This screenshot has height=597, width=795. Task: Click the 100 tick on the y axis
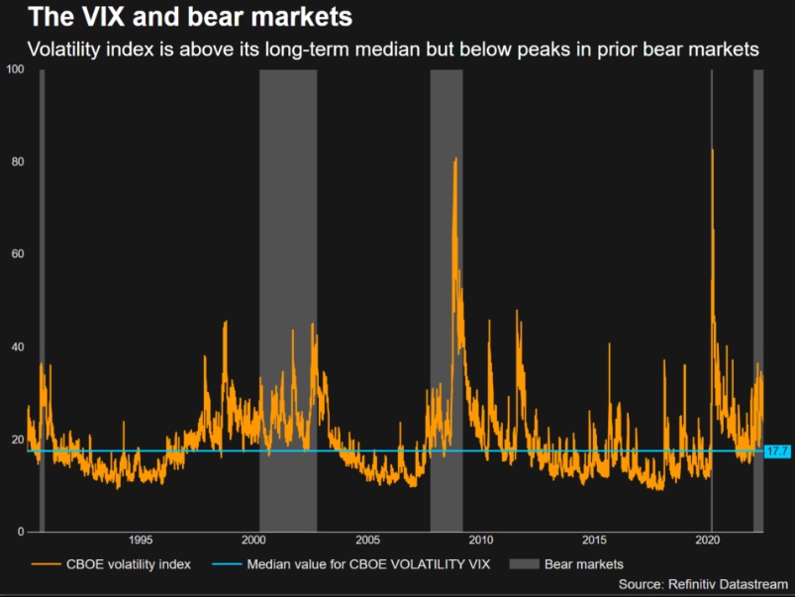14,69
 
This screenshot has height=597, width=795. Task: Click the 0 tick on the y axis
20,533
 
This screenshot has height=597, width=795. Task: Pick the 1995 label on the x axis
141,541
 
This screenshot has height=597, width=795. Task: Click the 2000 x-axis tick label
254,541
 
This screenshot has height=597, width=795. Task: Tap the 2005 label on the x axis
367,541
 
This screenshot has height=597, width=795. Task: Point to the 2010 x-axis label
481,541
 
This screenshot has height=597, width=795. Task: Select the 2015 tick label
594,541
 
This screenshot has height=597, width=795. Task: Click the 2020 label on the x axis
708,541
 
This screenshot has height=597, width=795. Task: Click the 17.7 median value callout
777,451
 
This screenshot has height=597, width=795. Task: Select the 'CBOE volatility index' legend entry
125,564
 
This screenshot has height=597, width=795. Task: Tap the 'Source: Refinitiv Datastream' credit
702,585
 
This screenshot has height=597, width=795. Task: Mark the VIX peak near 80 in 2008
455,158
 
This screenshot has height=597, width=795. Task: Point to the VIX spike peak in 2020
712,149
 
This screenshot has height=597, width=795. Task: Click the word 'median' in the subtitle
378,49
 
